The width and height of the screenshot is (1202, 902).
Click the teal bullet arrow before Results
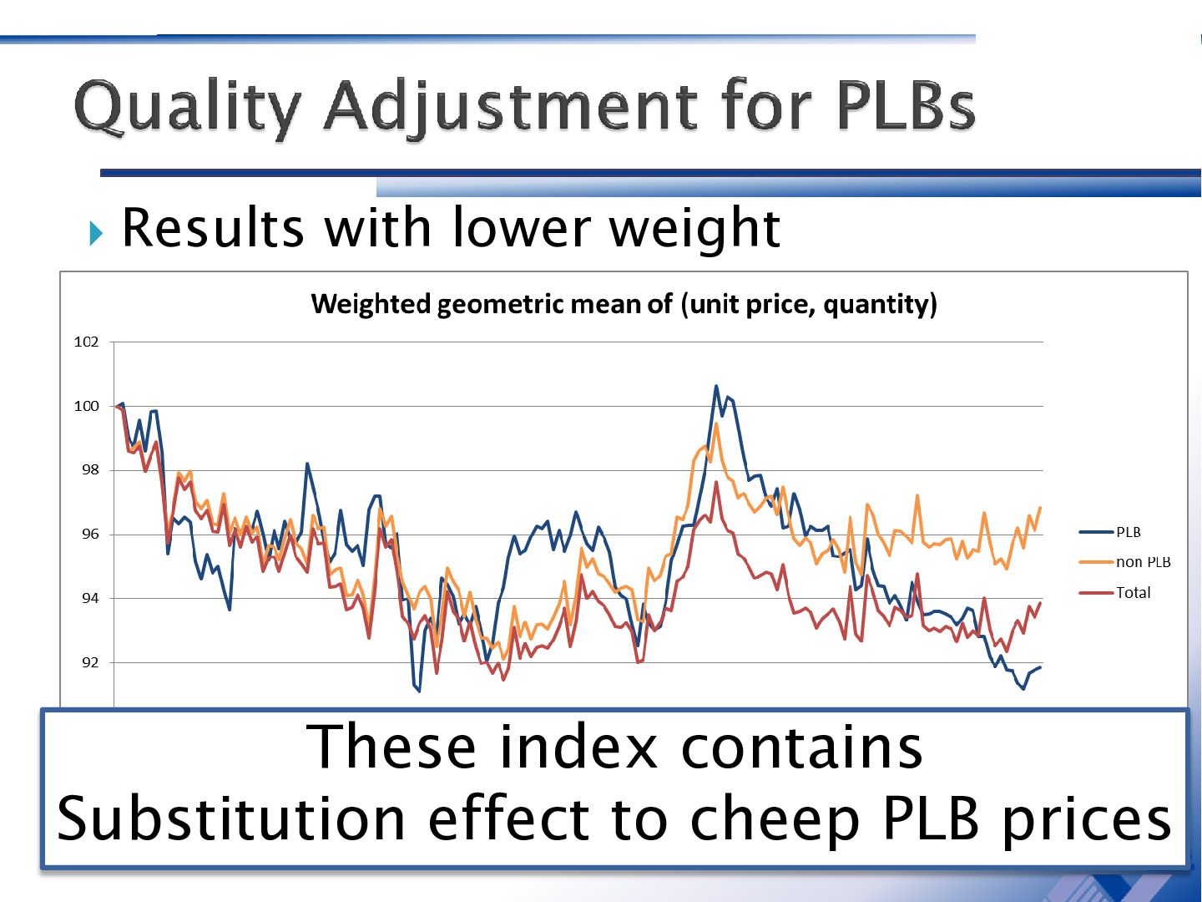click(x=96, y=232)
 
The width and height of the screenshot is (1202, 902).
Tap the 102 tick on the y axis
click(x=86, y=342)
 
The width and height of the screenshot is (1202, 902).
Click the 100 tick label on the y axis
click(x=86, y=406)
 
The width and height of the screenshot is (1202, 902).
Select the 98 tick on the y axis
click(x=89, y=470)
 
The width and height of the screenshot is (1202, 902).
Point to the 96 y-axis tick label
click(x=89, y=535)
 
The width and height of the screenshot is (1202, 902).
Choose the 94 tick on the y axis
click(x=89, y=598)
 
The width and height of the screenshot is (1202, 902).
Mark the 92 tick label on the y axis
click(x=89, y=662)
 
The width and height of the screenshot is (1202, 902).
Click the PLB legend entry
click(x=1128, y=532)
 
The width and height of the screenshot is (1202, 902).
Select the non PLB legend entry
click(x=1143, y=562)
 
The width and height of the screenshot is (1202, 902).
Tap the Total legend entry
click(x=1133, y=593)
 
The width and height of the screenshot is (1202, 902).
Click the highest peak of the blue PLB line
click(x=716, y=386)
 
